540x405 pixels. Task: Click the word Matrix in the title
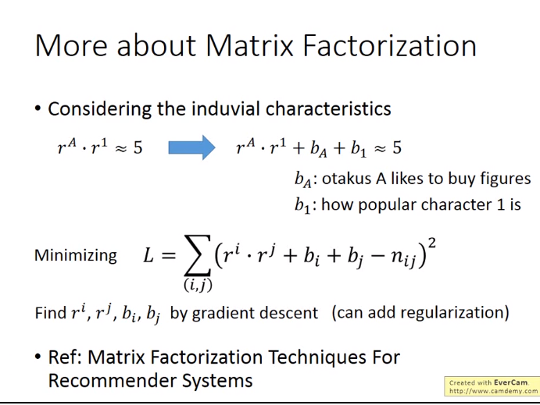249,45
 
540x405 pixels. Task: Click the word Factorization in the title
389,45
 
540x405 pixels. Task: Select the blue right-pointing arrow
191,147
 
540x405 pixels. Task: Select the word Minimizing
76,255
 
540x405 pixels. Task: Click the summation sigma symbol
198,254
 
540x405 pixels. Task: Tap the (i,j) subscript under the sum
198,285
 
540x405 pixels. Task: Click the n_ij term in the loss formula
403,258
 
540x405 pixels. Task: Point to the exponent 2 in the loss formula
431,243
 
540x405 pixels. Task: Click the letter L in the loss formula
148,256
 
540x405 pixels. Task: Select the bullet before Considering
38,109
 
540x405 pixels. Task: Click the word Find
51,313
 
